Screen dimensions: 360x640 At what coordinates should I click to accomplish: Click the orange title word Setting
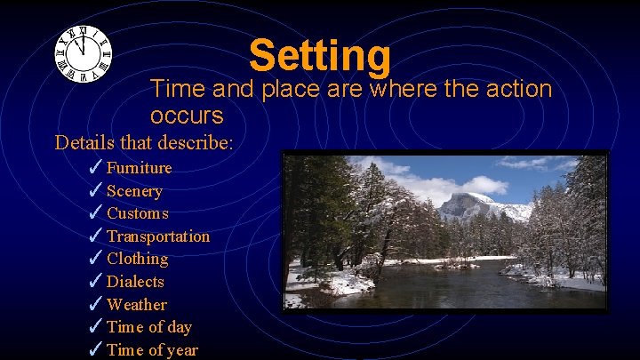pos(320,55)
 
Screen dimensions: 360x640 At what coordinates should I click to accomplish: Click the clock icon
pos(83,53)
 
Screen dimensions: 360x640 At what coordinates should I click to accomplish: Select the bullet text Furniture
pos(139,168)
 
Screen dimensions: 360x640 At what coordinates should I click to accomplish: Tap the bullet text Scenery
pos(134,191)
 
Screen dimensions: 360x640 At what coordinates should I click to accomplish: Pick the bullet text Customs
pos(137,213)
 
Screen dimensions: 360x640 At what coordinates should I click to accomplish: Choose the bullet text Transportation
pos(158,236)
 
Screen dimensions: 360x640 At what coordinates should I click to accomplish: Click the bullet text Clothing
pos(137,259)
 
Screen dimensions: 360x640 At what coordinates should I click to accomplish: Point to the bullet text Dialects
pos(135,282)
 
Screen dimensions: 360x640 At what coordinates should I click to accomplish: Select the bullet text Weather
pos(136,305)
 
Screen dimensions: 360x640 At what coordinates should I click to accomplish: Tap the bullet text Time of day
pos(148,327)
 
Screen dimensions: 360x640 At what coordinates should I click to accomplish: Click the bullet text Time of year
pos(152,350)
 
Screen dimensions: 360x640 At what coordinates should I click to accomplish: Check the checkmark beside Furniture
pos(96,167)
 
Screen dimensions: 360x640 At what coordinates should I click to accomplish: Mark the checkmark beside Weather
pos(96,304)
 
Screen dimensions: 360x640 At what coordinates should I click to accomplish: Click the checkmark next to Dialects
pos(96,281)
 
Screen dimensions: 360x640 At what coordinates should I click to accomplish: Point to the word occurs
pos(187,116)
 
